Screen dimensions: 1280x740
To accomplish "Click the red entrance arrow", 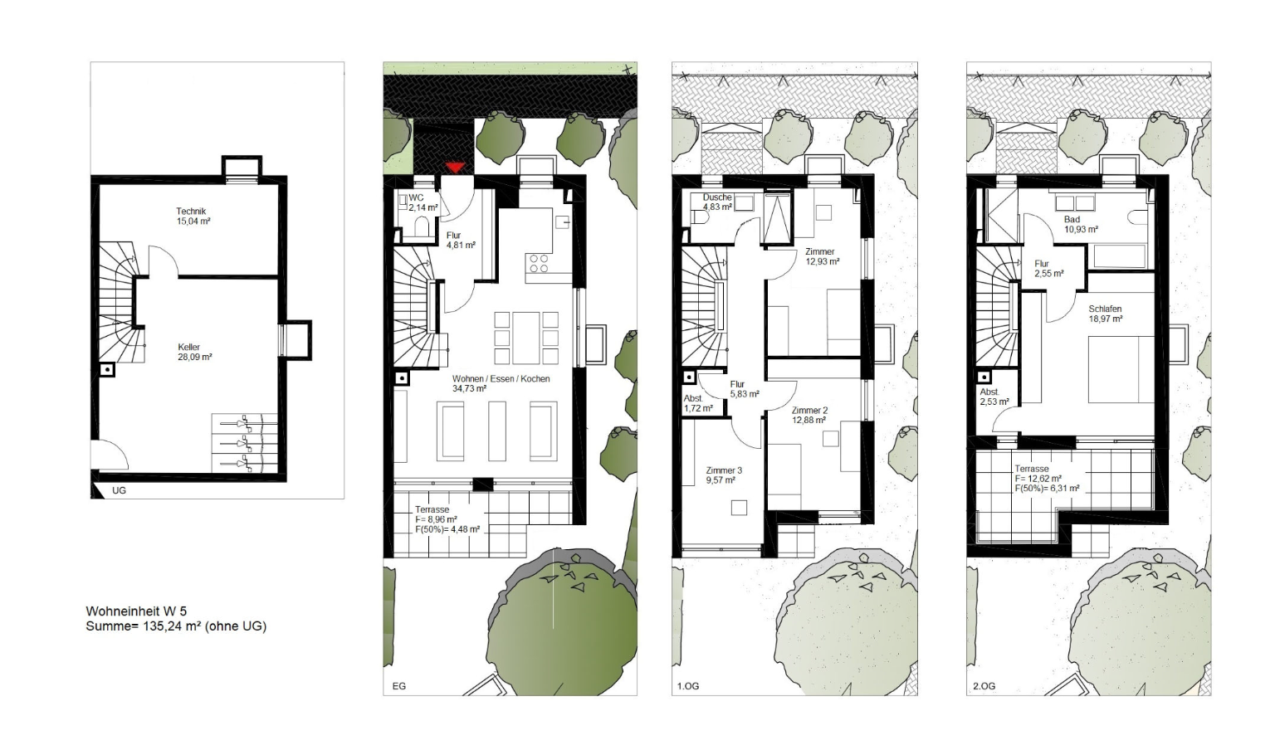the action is click(456, 168).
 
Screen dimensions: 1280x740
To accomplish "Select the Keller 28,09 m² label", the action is click(195, 353).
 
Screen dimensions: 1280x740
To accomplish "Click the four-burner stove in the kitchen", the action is click(539, 263).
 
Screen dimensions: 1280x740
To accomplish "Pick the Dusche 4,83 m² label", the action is click(718, 202).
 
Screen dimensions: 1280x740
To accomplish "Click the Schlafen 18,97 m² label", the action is click(1105, 314).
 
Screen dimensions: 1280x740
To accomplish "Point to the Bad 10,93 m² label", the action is click(1081, 224).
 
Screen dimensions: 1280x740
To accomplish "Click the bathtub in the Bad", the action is click(1120, 256).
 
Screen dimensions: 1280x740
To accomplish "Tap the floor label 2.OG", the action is click(984, 686).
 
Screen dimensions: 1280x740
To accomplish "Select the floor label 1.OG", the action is click(688, 686).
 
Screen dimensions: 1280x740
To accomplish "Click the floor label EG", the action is click(398, 686).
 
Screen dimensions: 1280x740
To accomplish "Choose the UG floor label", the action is click(119, 490).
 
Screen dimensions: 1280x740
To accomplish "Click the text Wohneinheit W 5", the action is click(136, 611).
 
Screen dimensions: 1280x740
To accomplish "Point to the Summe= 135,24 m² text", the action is click(176, 626).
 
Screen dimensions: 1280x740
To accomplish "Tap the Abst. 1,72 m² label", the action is click(698, 404).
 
